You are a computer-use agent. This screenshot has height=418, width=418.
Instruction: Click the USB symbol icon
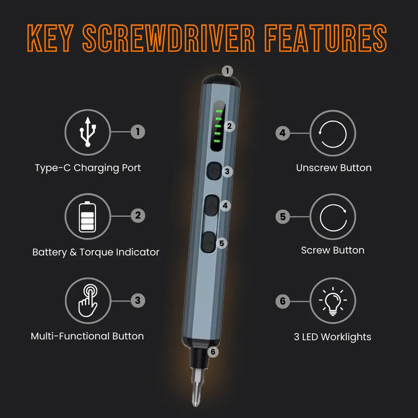pyautogui.click(x=88, y=132)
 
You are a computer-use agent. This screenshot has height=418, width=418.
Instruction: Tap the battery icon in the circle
pyautogui.click(x=87, y=216)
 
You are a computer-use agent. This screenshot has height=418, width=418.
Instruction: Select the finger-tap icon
pyautogui.click(x=88, y=301)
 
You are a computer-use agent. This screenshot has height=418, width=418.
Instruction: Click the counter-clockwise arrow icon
pyautogui.click(x=333, y=134)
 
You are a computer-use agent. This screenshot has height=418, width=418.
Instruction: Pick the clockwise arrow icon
pyautogui.click(x=333, y=217)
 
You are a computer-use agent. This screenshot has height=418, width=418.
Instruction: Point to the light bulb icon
pyautogui.click(x=333, y=302)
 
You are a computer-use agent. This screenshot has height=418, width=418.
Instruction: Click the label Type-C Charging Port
pyautogui.click(x=88, y=168)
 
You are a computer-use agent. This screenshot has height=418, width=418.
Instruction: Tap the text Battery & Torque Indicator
pyautogui.click(x=96, y=252)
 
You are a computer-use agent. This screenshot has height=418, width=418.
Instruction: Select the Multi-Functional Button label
pyautogui.click(x=87, y=336)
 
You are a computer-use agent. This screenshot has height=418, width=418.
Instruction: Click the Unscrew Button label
pyautogui.click(x=334, y=168)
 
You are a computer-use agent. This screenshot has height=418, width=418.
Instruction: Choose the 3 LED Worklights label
pyautogui.click(x=332, y=337)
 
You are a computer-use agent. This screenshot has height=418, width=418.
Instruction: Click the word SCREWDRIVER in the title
pyautogui.click(x=169, y=39)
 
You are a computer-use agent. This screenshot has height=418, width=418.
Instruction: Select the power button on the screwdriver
pyautogui.click(x=214, y=171)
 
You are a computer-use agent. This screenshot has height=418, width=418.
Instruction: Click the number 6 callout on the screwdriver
pyautogui.click(x=212, y=352)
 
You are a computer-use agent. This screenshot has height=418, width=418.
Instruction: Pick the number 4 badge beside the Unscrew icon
pyautogui.click(x=283, y=133)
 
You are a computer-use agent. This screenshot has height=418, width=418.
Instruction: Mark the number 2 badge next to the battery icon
pyautogui.click(x=138, y=216)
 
